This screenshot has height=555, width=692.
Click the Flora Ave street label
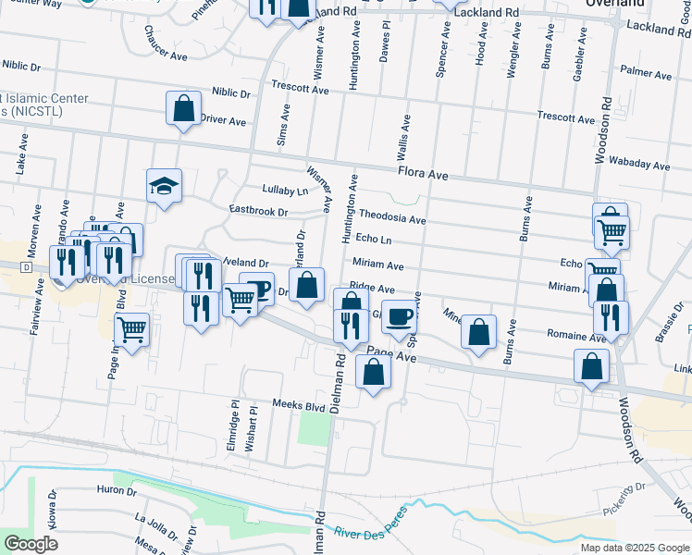[423, 174]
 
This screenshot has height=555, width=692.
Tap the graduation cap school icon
[163, 186]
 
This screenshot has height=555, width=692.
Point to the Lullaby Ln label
[284, 191]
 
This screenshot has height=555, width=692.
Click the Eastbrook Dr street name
[259, 212]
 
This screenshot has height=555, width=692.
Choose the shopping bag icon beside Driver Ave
[183, 108]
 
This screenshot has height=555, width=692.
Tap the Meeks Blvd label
[299, 405]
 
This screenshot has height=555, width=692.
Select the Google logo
[31, 544]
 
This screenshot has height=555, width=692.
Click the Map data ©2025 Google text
[635, 547]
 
